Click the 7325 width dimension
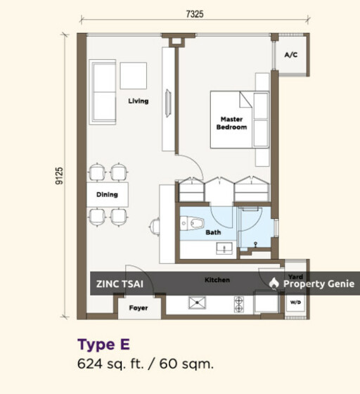click(195, 14)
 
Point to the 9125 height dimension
click(59, 176)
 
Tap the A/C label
click(291, 55)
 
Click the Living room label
click(139, 101)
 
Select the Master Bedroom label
click(231, 123)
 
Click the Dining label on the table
click(107, 194)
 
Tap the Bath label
click(213, 232)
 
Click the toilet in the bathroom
click(192, 223)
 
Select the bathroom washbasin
click(224, 248)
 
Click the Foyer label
click(139, 308)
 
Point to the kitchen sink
click(197, 303)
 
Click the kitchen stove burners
click(239, 304)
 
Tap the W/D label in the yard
click(295, 303)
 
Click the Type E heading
click(103, 344)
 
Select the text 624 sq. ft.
click(110, 364)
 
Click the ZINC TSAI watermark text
click(120, 284)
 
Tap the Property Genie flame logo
click(274, 283)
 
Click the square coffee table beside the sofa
click(134, 76)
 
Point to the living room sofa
click(103, 92)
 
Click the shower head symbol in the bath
click(255, 244)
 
